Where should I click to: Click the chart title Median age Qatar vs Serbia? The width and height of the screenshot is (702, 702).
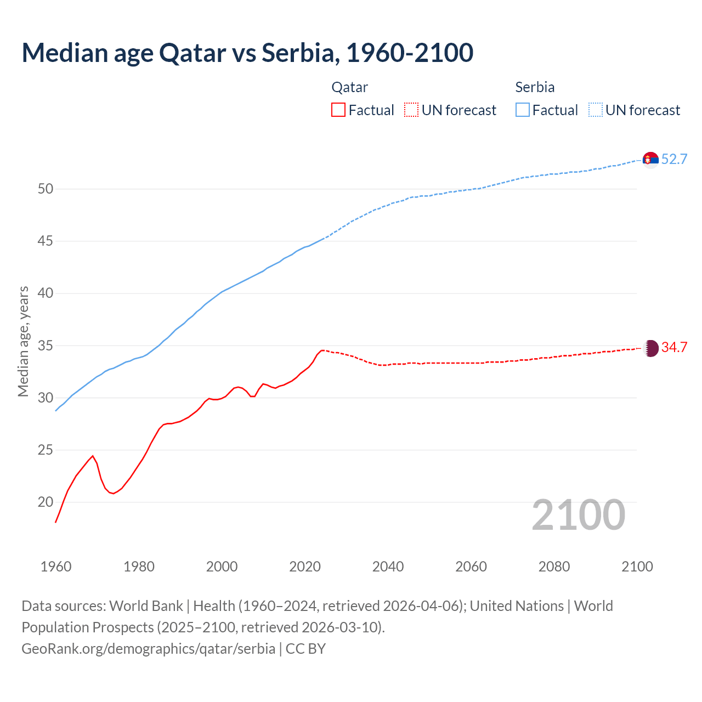pos(247,53)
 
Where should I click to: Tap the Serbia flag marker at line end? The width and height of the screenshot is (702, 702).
pos(650,160)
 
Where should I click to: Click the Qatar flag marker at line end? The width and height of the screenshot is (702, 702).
pos(650,348)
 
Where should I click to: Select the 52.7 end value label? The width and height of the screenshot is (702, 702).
pos(674,160)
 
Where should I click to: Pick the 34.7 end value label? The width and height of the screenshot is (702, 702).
pos(674,348)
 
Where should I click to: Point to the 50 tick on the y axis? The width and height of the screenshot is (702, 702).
pos(46,189)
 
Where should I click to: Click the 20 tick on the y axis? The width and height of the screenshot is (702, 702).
pos(46,502)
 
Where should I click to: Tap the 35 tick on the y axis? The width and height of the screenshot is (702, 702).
pos(46,346)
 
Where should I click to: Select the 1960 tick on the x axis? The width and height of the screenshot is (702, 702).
pos(56,567)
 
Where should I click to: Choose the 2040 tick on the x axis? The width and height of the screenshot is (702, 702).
pos(388,567)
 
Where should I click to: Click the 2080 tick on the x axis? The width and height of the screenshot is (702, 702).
pos(554,567)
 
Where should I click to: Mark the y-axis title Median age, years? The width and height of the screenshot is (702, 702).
pos(23,341)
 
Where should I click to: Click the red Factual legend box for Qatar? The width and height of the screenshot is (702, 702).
pos(338,110)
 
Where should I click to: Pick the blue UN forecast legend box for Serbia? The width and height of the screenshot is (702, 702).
pos(596,110)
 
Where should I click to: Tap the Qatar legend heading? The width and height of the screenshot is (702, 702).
pos(349,87)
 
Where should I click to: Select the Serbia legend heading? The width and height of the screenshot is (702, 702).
pos(535,87)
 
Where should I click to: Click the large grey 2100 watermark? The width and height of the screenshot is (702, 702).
pos(578,515)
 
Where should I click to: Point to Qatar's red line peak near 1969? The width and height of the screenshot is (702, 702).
pos(93,456)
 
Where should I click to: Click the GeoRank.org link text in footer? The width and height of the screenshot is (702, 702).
pos(148,649)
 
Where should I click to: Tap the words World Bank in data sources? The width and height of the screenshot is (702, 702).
pos(146,606)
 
